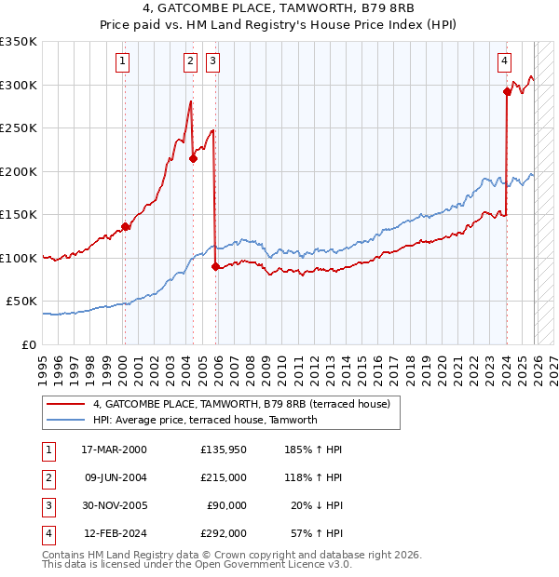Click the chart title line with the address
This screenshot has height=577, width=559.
click(x=279, y=7)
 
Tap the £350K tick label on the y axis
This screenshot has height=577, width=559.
click(x=19, y=42)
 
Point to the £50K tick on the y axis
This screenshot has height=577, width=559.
click(x=22, y=302)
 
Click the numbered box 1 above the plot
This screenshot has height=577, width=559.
click(x=124, y=62)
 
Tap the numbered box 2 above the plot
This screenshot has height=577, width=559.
click(x=190, y=62)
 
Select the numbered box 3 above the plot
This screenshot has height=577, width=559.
click(x=213, y=62)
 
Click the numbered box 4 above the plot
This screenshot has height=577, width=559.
click(x=504, y=62)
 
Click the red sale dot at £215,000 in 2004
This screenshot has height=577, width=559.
click(x=193, y=158)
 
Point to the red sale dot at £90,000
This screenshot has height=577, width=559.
click(x=216, y=266)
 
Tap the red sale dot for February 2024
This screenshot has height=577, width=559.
click(x=507, y=91)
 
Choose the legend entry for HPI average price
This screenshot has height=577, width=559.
click(x=205, y=420)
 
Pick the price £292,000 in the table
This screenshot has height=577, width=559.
click(x=223, y=533)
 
